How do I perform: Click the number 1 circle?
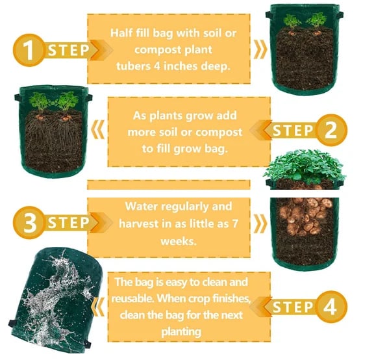pos(25,49)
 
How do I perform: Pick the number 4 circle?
pos(330,306)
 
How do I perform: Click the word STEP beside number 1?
pos(68,50)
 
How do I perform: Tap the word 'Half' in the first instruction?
pos(123,32)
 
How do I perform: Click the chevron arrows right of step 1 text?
pos(259,49)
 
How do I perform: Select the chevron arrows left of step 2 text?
pos(97,130)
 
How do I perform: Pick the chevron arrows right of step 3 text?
pos(259,224)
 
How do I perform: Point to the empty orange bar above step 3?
pos(168,185)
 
